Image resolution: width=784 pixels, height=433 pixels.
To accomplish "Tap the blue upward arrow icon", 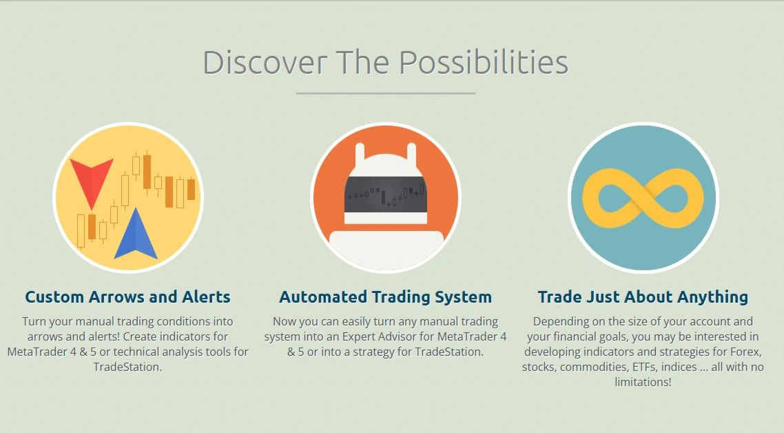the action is pos(136,236).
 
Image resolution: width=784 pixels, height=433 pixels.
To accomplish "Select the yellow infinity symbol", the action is pos(643,199).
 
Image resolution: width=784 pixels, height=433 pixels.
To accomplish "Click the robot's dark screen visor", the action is pos(386,194).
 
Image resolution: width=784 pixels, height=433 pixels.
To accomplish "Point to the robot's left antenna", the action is pos(360,154).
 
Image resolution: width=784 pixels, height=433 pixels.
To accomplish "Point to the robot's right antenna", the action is pos(411,154).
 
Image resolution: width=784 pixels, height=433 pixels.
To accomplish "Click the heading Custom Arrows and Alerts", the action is pos(128,297).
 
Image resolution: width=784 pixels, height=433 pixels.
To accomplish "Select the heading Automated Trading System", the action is pos(386,297).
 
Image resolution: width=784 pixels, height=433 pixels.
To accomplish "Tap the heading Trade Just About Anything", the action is pos(643,297).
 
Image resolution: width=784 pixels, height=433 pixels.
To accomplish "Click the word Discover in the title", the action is pos(265,63).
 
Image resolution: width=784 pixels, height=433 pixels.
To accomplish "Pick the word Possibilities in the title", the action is pos(484,63).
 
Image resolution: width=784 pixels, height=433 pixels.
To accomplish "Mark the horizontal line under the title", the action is pos(386,93).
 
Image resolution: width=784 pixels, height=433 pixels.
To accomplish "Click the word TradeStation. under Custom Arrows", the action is pos(128,367).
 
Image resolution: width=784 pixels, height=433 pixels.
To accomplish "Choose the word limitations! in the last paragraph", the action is pos(643,382).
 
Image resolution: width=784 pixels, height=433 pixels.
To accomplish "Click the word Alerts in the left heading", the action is pos(206,297).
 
